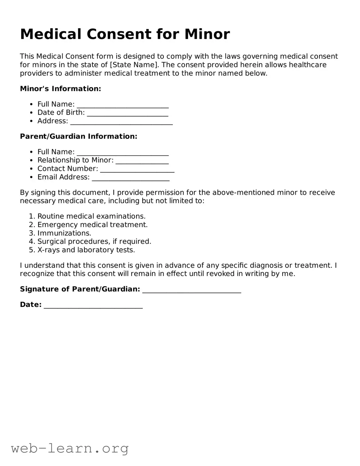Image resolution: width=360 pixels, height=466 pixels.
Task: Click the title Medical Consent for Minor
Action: tap(125, 34)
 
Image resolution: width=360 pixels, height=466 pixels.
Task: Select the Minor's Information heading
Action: tap(60, 89)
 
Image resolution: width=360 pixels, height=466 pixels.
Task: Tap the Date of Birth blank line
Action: tap(127, 113)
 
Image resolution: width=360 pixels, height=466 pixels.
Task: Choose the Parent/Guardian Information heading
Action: tap(78, 136)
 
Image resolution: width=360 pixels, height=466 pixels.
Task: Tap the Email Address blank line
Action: tap(131, 177)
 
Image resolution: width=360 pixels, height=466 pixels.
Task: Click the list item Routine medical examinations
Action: tap(91, 216)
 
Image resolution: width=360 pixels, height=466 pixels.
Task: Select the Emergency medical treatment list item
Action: tap(92, 225)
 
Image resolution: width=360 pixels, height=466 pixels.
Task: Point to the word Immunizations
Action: tap(64, 233)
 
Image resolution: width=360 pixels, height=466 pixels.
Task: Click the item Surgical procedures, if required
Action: tap(94, 242)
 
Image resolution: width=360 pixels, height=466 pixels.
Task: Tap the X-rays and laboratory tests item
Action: tap(86, 250)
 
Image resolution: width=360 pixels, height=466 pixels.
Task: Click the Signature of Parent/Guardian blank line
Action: tap(192, 290)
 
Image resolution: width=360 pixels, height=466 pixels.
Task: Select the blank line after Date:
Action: tap(93, 305)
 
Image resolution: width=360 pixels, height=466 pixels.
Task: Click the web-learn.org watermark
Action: tap(70, 448)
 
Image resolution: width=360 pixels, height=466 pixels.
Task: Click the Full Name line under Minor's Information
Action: tap(123, 105)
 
